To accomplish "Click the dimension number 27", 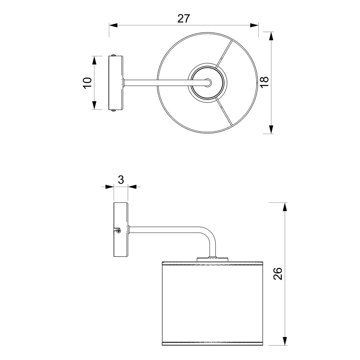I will (x=183, y=18).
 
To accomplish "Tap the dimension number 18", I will (x=264, y=82).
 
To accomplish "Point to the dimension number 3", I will (x=121, y=180).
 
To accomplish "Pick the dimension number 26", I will (x=277, y=274).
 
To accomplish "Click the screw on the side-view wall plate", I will (x=119, y=231).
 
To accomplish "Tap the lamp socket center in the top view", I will (x=208, y=83).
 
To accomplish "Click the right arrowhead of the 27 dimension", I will (x=254, y=25).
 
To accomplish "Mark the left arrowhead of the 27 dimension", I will (x=114, y=25).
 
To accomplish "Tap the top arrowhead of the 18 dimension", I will (x=271, y=36).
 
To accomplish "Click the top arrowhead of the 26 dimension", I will (x=285, y=207).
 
